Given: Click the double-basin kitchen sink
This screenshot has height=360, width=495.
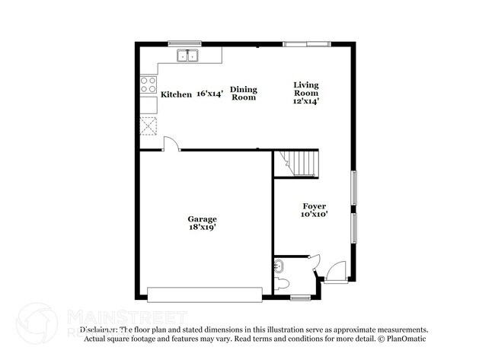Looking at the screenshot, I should pyautogui.click(x=187, y=56).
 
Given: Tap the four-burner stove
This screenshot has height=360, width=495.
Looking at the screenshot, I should pyautogui.click(x=148, y=85).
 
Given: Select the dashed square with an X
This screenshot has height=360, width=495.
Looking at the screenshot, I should pyautogui.click(x=148, y=126).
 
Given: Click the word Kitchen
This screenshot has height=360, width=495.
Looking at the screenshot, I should pyautogui.click(x=176, y=94).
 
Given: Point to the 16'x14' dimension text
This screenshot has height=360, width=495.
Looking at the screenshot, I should pyautogui.click(x=209, y=94).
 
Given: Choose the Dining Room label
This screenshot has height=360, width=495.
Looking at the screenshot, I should pyautogui.click(x=244, y=93).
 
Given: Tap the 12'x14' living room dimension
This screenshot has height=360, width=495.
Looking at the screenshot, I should pyautogui.click(x=307, y=100).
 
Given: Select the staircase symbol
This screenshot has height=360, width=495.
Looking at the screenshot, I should pyautogui.click(x=299, y=162).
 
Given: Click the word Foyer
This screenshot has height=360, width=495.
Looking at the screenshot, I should pyautogui.click(x=315, y=205).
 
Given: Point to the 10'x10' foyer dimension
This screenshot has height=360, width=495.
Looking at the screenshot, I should pyautogui.click(x=315, y=215).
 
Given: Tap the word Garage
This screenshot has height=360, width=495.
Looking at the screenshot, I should pyautogui.click(x=203, y=219).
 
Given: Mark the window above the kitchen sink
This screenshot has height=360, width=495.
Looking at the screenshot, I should pyautogui.click(x=179, y=43).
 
